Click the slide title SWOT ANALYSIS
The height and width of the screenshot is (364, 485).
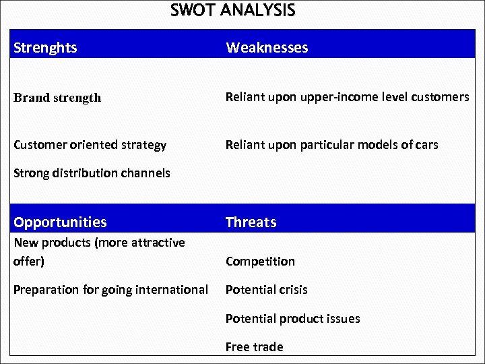point(232,11)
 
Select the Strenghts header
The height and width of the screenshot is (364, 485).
point(45,48)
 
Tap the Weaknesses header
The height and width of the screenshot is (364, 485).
point(267,48)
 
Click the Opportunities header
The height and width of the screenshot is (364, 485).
point(60,222)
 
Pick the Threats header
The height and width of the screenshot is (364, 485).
point(251,222)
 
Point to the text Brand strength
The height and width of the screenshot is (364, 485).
point(57,98)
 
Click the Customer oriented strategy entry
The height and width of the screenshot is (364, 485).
point(90,145)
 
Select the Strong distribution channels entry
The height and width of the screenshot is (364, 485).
point(92,173)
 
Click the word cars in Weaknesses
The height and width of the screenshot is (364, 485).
point(426,145)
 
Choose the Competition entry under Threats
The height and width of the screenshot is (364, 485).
point(260,262)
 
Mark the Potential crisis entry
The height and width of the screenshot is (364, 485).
point(266,290)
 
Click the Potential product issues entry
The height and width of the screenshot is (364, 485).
point(292,319)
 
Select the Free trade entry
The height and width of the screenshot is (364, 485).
point(254,347)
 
